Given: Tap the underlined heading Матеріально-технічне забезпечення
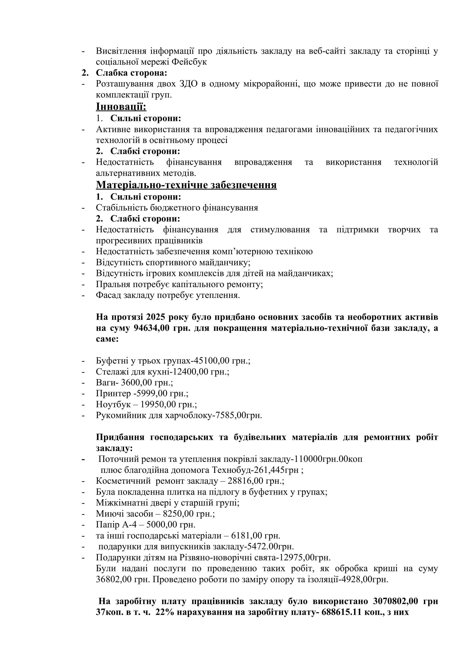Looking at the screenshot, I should point(186,185).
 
